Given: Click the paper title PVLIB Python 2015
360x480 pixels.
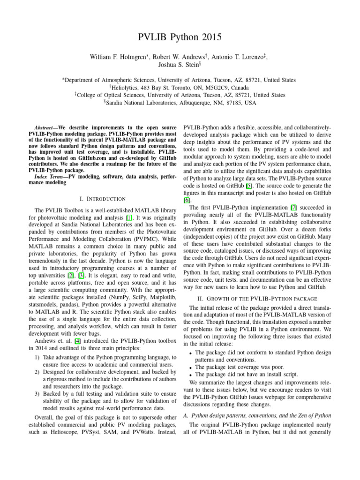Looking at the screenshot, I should click(180, 37).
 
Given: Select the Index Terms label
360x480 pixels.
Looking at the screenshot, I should click(47, 176).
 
